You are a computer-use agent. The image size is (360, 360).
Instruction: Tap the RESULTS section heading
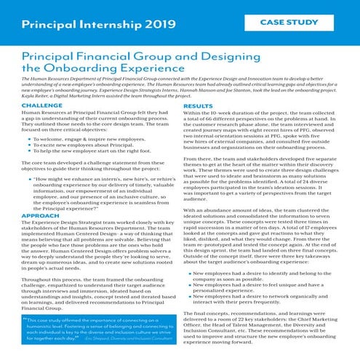pos(198,105)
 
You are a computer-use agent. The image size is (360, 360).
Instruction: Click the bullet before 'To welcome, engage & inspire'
pos(28,137)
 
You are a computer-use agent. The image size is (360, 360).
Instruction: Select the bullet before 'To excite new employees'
pos(28,144)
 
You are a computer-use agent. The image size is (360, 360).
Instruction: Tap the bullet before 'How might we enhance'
pos(28,177)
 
